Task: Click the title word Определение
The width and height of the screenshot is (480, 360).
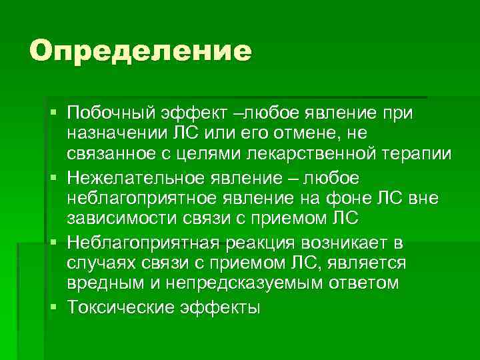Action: (x=141, y=51)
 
